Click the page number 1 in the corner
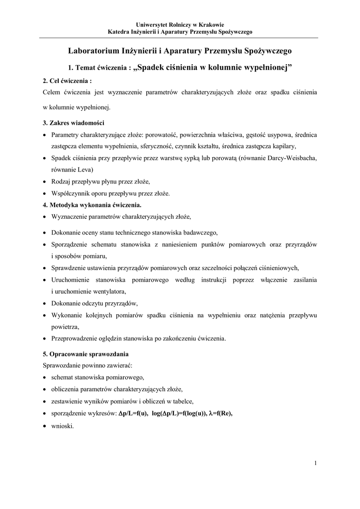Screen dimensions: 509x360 coord(316,463)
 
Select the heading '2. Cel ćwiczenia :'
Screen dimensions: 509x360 coord(68,81)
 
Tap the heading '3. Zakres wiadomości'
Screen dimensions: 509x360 coord(74,123)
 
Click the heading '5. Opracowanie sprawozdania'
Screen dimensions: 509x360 coord(86,354)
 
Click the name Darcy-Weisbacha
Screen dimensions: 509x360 coord(293,158)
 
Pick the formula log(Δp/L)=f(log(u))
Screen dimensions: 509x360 coord(180,414)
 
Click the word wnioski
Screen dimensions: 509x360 coord(62,426)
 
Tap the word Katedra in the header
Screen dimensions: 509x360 coord(118,32)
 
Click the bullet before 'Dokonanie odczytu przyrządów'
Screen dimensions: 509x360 coord(45,303)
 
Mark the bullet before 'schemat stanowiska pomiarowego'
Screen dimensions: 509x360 coord(45,377)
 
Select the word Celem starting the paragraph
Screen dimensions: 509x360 coord(52,92)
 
